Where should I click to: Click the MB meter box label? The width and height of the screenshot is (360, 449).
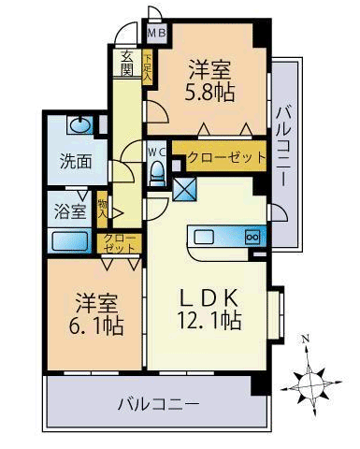(156, 33)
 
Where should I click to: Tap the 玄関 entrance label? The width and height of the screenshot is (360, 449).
(127, 63)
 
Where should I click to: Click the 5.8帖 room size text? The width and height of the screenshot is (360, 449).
(209, 93)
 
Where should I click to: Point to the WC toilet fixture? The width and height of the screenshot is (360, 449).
(158, 173)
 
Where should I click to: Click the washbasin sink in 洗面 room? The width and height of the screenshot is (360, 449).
(81, 125)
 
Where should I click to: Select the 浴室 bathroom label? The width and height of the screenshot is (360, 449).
(70, 210)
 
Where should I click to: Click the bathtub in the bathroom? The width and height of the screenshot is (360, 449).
(70, 241)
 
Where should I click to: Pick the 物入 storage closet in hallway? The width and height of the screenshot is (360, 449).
(102, 209)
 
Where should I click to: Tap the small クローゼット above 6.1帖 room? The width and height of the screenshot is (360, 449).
(120, 243)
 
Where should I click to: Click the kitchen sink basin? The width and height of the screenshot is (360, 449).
(204, 238)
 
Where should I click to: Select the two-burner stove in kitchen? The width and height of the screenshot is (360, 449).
(252, 238)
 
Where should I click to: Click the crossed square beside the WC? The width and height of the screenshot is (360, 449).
(184, 190)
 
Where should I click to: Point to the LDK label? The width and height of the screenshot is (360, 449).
(209, 297)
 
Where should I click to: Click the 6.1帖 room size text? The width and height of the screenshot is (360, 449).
(96, 326)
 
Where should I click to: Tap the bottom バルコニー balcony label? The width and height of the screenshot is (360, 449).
(159, 404)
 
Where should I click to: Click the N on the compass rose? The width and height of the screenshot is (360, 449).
(307, 338)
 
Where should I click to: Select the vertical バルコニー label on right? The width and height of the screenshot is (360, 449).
(284, 146)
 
